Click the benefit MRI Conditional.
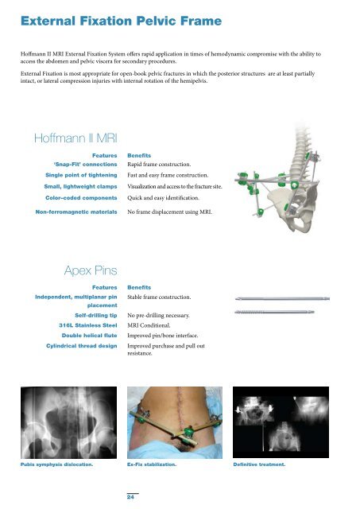point(152,325)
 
